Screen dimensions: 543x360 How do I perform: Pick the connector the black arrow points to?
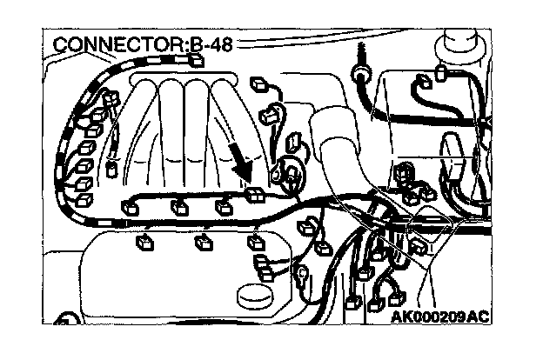tap(254, 194)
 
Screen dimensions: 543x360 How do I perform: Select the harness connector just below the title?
tap(196, 60)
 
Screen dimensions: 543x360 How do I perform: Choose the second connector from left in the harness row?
tap(178, 207)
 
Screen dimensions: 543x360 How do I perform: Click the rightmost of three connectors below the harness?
tap(256, 241)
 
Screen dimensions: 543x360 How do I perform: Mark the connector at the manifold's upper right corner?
tap(258, 84)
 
